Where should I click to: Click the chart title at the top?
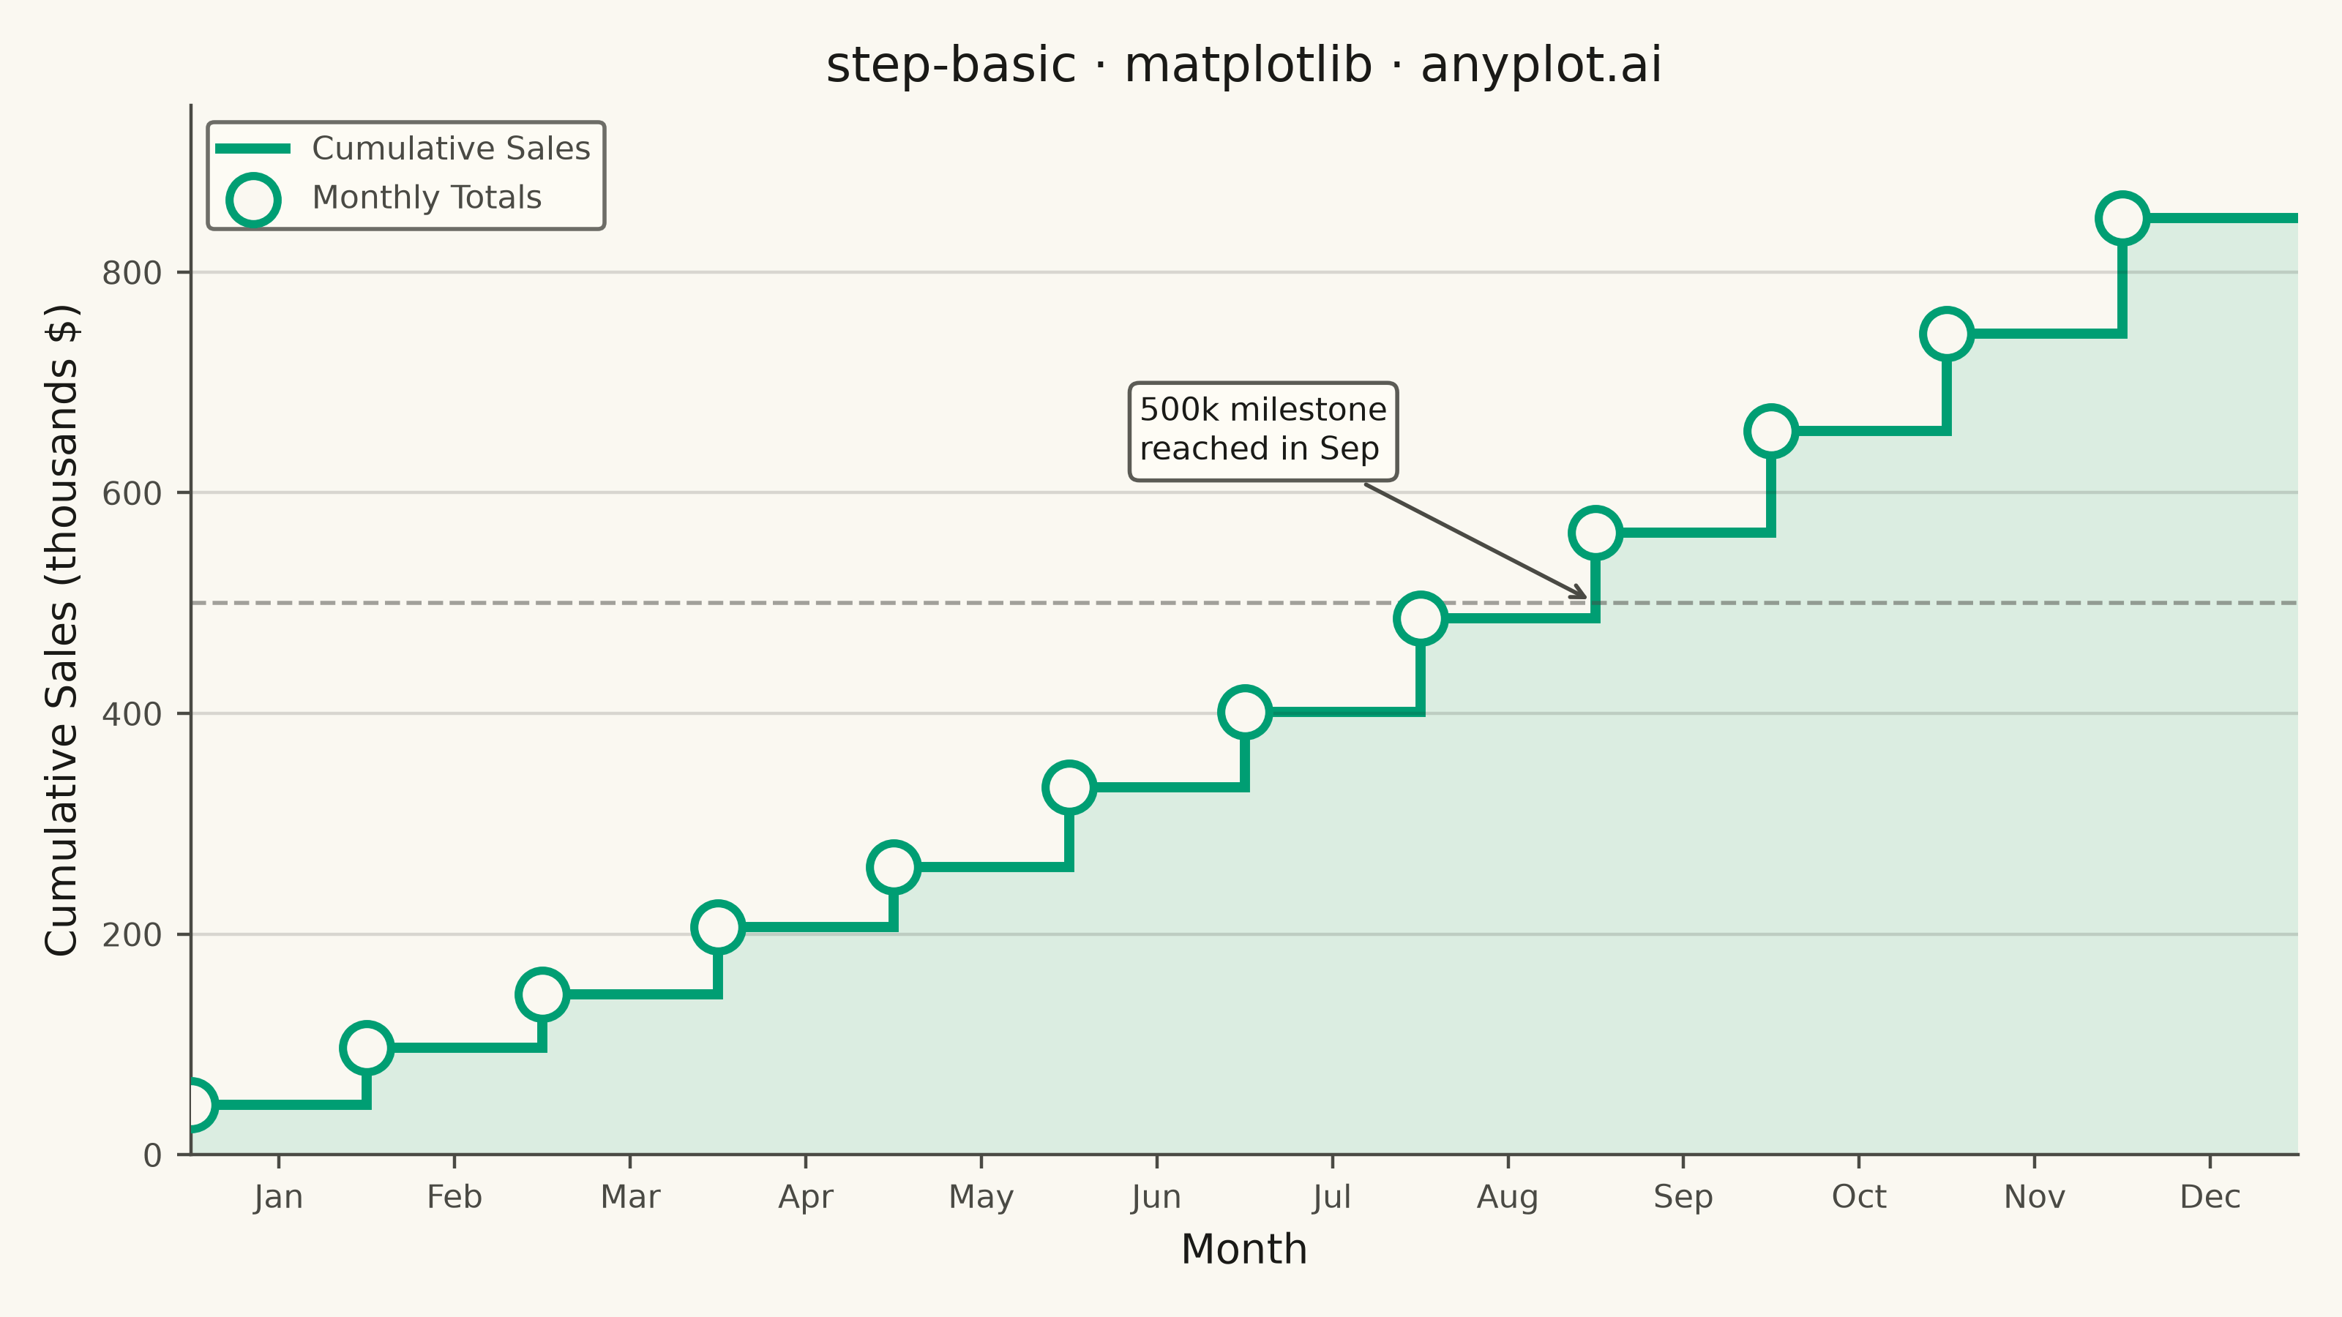[1243, 65]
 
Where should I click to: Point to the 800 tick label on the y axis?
[132, 273]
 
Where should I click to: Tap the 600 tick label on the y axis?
[132, 494]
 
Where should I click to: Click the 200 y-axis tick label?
[132, 934]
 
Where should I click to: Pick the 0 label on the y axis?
[153, 1155]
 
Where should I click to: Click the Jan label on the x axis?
[278, 1197]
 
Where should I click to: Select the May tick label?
[981, 1198]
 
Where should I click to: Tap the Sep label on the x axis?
[1683, 1198]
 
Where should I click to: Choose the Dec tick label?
[2210, 1197]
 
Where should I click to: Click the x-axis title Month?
[1243, 1250]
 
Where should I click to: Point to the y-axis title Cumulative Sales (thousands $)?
[61, 630]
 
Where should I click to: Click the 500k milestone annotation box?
[1262, 431]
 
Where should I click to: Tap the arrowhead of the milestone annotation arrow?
[1585, 597]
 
